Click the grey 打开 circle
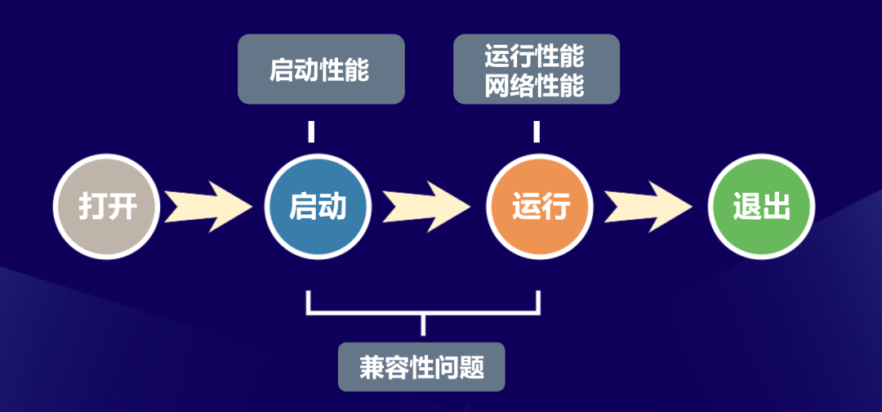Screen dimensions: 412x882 107,207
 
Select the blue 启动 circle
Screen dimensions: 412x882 318,207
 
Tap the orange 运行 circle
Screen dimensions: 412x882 540,207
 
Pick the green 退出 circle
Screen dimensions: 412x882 761,207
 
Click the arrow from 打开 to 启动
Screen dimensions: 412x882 208,207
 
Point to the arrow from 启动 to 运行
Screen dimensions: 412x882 427,207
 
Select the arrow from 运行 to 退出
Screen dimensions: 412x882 649,207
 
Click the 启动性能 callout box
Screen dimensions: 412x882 321,69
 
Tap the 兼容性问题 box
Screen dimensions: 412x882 421,366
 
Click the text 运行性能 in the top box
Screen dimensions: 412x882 536,57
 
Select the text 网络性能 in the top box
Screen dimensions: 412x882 536,86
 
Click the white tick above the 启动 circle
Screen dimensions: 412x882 311,132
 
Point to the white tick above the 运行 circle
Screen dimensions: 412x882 537,132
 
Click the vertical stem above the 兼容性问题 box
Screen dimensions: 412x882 422,325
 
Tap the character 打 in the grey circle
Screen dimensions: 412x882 92,207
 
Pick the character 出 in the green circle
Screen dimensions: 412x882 776,207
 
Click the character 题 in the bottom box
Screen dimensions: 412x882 472,367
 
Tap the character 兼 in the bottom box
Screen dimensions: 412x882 372,367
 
